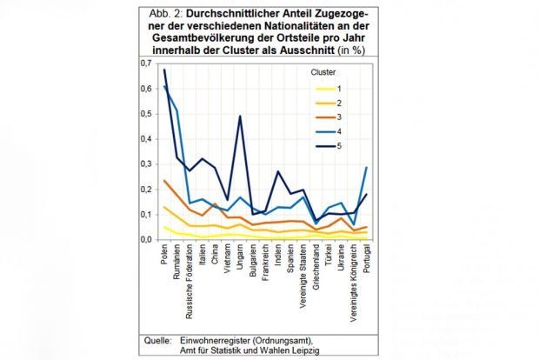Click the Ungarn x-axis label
[x=239, y=258]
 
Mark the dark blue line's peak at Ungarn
[x=240, y=116]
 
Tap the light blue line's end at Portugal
[x=367, y=167]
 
